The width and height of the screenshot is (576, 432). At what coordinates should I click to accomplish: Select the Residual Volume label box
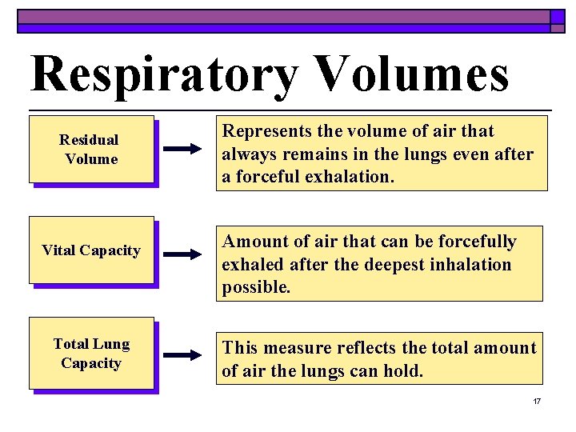(91, 150)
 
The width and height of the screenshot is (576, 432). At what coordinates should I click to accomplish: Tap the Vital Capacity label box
(91, 250)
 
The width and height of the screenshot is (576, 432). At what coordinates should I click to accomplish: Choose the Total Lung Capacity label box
(91, 354)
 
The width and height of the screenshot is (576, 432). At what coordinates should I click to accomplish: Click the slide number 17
(537, 401)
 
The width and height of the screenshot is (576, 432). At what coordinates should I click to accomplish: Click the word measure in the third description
(299, 348)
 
